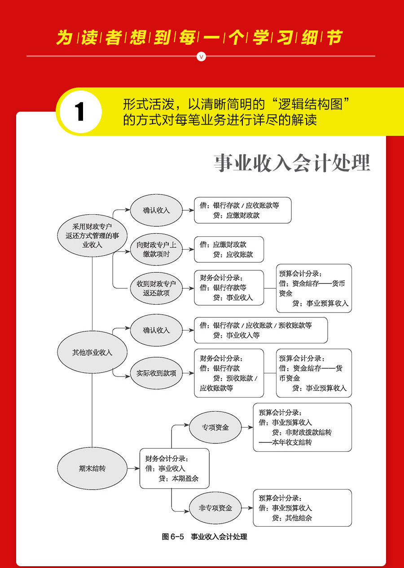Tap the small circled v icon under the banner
click(x=201, y=56)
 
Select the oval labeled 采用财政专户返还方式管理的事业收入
click(x=92, y=235)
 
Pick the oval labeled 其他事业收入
click(x=92, y=352)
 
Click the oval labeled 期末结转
click(x=92, y=468)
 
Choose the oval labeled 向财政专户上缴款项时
click(x=156, y=249)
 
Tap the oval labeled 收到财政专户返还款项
click(x=156, y=288)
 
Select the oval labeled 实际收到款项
click(x=156, y=373)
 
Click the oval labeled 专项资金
click(x=215, y=427)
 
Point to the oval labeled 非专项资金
click(x=215, y=508)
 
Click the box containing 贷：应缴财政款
click(x=242, y=210)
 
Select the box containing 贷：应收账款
click(x=229, y=249)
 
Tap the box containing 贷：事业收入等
click(x=260, y=330)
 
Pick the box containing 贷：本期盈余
click(x=174, y=468)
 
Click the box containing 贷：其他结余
click(x=302, y=508)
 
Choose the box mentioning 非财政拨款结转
click(x=302, y=427)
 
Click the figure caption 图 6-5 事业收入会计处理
click(x=204, y=537)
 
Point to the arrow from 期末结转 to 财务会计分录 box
click(x=133, y=468)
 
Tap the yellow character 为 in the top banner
click(x=65, y=38)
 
